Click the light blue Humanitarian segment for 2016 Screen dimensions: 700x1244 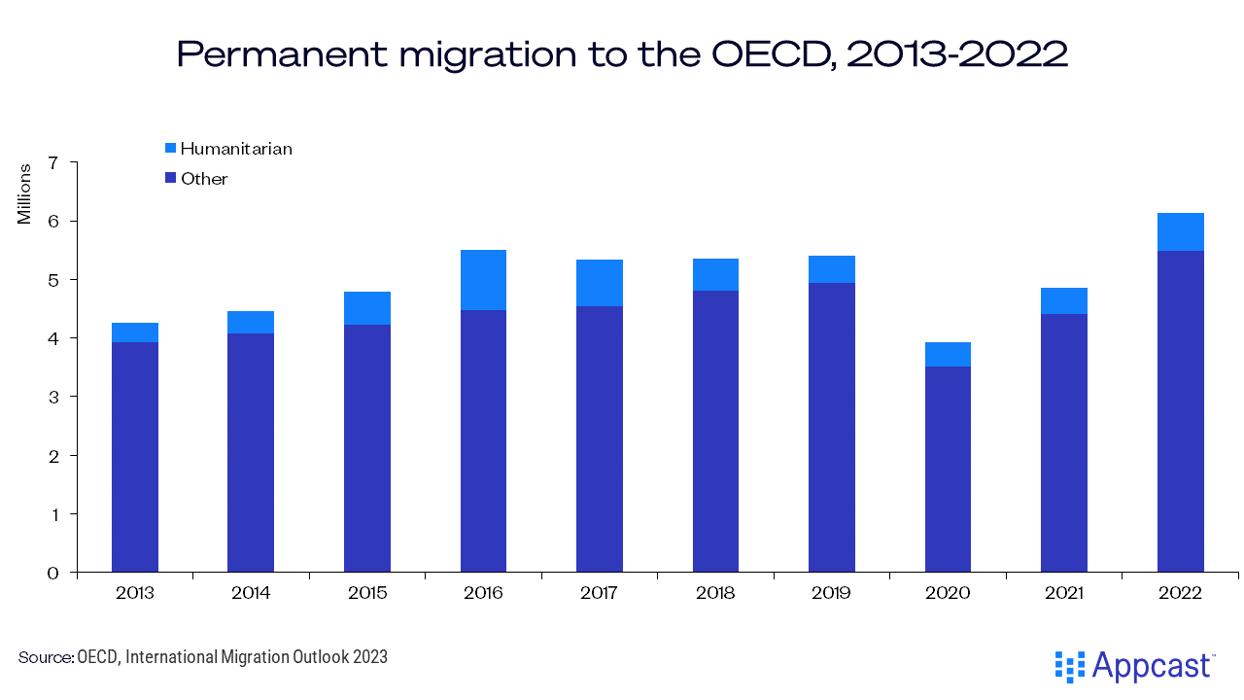click(x=483, y=280)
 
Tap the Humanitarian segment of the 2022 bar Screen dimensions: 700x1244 click(x=1180, y=231)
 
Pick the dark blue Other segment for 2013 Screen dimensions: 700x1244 click(x=135, y=457)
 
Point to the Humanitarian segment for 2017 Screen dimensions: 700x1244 click(x=599, y=283)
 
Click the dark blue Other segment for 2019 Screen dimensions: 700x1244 click(x=831, y=427)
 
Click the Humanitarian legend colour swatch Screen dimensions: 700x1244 click(x=170, y=149)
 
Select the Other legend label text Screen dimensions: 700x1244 click(x=204, y=179)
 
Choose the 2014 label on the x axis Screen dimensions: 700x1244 click(x=251, y=593)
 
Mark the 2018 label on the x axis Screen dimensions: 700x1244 click(x=715, y=593)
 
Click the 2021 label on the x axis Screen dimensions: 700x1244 click(x=1063, y=593)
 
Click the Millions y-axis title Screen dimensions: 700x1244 click(x=24, y=193)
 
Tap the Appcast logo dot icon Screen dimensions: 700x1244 click(x=1069, y=666)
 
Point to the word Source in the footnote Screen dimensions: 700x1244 click(x=44, y=657)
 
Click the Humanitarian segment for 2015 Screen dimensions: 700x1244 click(x=367, y=308)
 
